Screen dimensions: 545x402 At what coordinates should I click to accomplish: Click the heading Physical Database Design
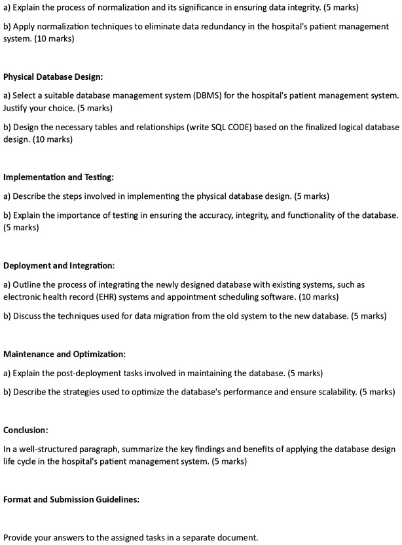(x=53, y=77)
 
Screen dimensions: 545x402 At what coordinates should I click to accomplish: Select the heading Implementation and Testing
(x=59, y=177)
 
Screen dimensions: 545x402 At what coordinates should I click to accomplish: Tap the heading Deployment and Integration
(x=59, y=266)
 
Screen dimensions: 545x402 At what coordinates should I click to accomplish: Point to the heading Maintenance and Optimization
(x=64, y=355)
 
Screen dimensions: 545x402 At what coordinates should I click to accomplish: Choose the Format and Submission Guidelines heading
(x=71, y=499)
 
